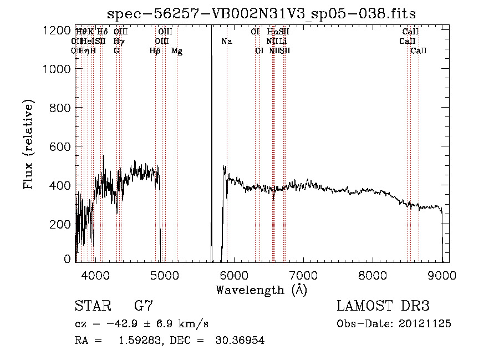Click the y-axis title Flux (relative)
coord(28,144)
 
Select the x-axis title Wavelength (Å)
coord(261,290)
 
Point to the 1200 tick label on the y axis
coord(56,31)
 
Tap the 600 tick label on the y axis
coord(60,146)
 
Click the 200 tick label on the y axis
coord(60,224)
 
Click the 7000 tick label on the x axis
coord(303,275)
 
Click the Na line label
coord(226,42)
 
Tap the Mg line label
coord(177,51)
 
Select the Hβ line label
coord(155,51)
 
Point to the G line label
coord(116,51)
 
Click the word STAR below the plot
coord(93,306)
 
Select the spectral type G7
coord(143,306)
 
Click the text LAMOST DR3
coord(383,306)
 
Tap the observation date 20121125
coord(424,324)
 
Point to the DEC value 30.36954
coord(240,341)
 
